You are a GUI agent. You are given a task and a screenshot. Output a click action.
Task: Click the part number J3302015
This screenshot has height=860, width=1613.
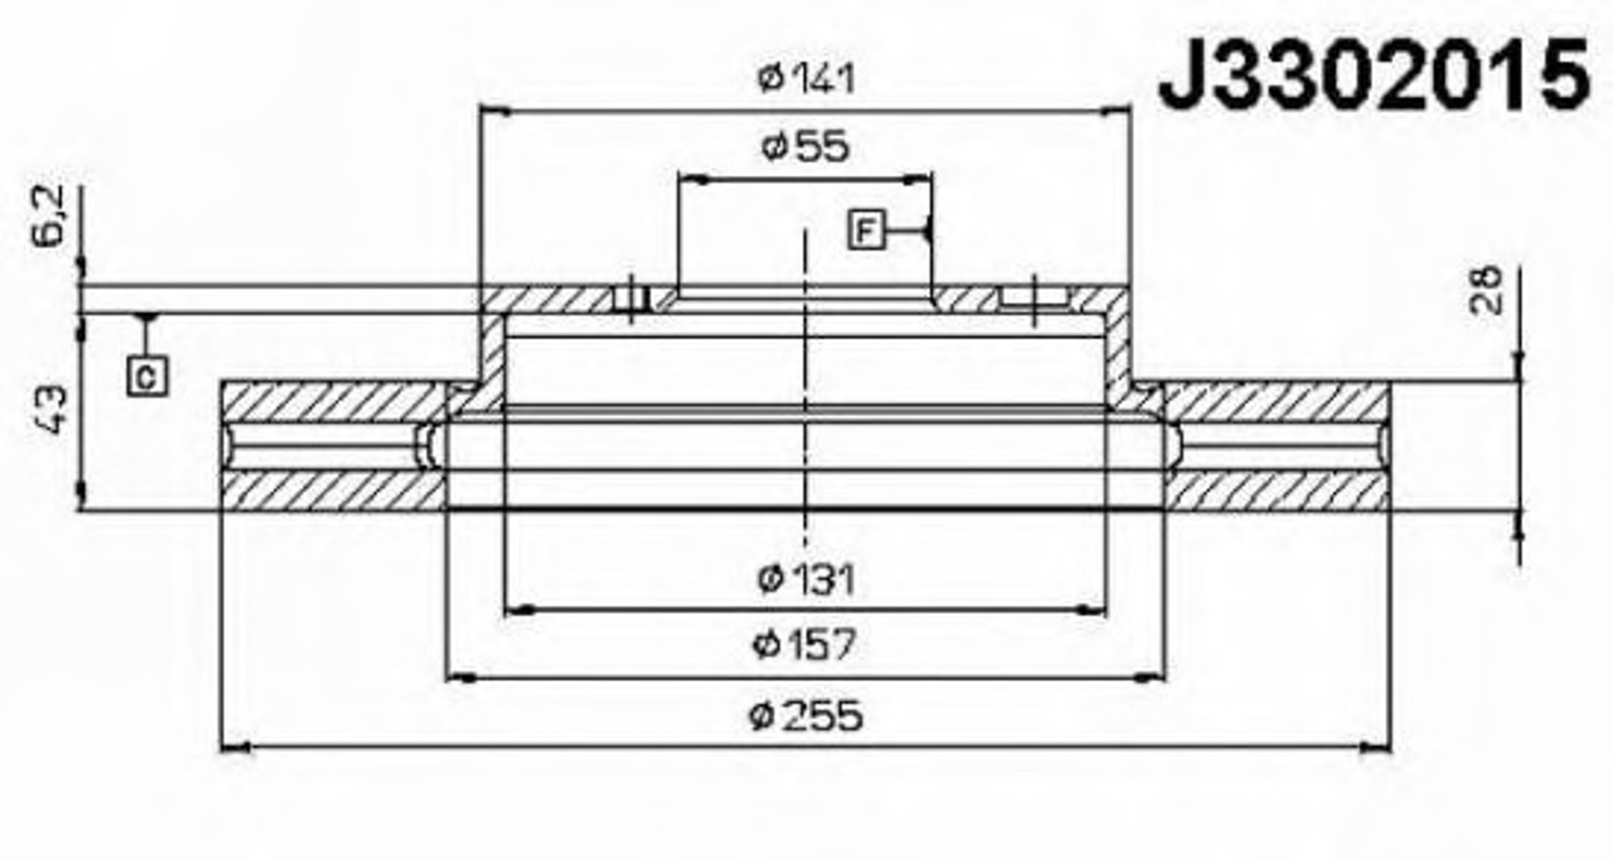pyautogui.click(x=1374, y=74)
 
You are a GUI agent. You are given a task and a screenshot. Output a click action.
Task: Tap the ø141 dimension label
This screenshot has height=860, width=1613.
pyautogui.click(x=806, y=78)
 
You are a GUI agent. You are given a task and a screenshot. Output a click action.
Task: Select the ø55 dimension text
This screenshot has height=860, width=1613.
pyautogui.click(x=805, y=146)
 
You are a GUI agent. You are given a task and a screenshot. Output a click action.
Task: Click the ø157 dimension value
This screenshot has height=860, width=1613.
pyautogui.click(x=805, y=645)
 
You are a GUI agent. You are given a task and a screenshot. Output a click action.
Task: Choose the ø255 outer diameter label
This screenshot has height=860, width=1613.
pyautogui.click(x=805, y=716)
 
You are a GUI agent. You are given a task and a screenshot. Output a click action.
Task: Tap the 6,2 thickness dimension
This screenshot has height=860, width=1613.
pyautogui.click(x=50, y=215)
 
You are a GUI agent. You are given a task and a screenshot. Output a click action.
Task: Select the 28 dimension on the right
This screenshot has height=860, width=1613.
pyautogui.click(x=1485, y=289)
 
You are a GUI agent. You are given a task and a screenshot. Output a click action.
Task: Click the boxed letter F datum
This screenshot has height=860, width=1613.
pyautogui.click(x=865, y=230)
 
